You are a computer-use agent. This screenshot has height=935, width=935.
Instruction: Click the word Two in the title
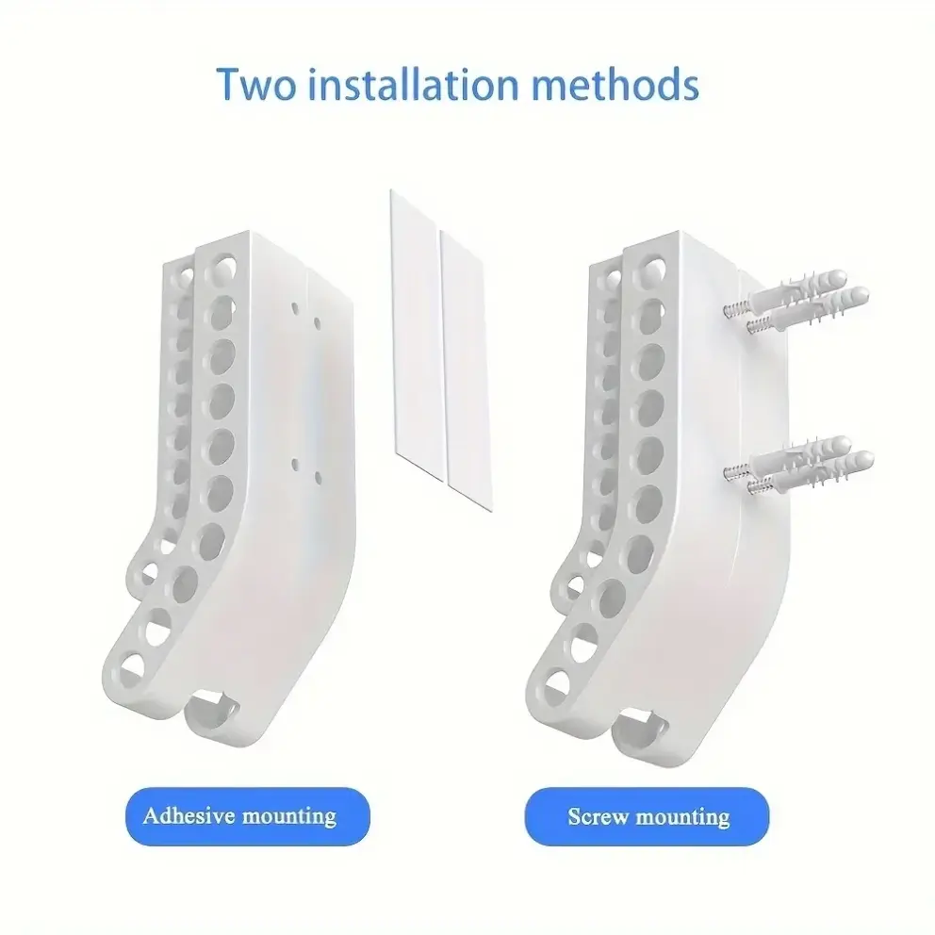coord(255,84)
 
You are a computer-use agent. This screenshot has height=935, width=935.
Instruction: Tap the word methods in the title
coord(615,84)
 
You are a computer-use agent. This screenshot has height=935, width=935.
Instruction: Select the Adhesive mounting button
coord(248,816)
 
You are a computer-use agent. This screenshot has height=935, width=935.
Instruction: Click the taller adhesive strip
coord(418,336)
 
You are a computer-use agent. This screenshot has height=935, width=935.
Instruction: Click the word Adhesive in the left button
coord(189,815)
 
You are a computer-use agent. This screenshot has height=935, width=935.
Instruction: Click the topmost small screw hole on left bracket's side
coord(295,307)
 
